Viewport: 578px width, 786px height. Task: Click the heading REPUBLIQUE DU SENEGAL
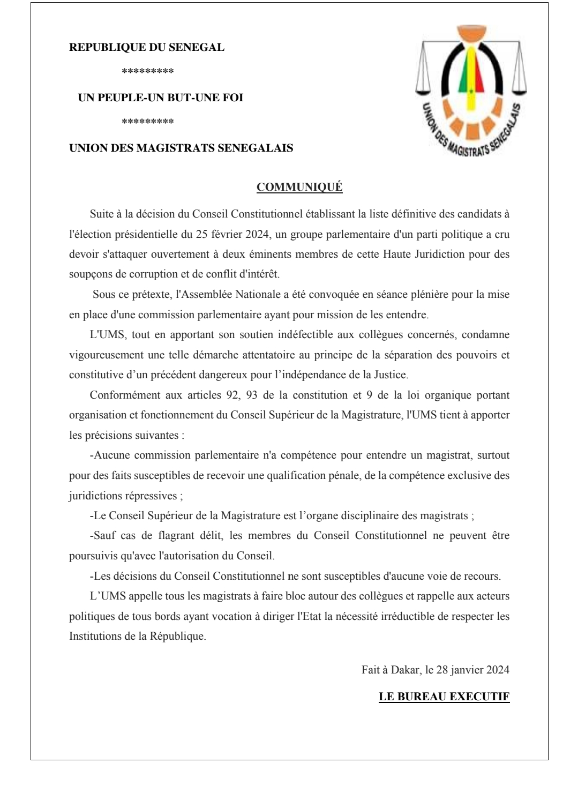point(147,47)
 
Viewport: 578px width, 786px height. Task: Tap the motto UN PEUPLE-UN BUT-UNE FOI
point(161,98)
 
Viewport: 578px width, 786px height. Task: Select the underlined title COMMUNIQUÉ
point(299,187)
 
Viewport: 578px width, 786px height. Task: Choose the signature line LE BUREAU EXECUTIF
point(444,697)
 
